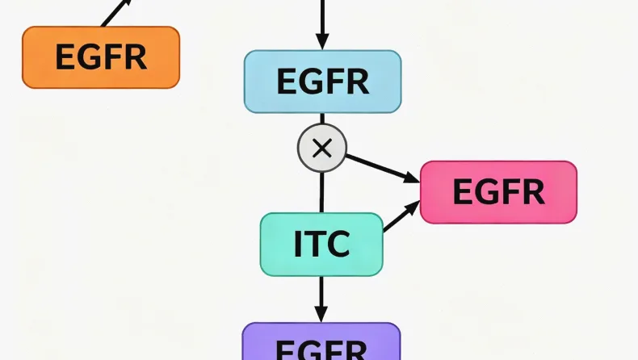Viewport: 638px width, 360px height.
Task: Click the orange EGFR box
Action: [x=100, y=57]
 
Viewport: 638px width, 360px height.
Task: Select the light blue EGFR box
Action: [x=322, y=81]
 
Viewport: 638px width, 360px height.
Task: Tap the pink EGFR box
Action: [x=498, y=192]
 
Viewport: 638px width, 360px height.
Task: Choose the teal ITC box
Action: [x=321, y=245]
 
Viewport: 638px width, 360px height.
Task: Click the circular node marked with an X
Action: [x=321, y=148]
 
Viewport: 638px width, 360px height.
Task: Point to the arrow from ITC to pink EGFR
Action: [x=401, y=216]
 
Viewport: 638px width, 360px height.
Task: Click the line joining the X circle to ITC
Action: [x=321, y=192]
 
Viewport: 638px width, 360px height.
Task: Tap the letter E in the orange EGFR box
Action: [x=65, y=57]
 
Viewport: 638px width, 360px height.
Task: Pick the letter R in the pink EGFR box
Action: [x=532, y=192]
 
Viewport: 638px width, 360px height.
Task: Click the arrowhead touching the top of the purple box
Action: [x=321, y=314]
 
